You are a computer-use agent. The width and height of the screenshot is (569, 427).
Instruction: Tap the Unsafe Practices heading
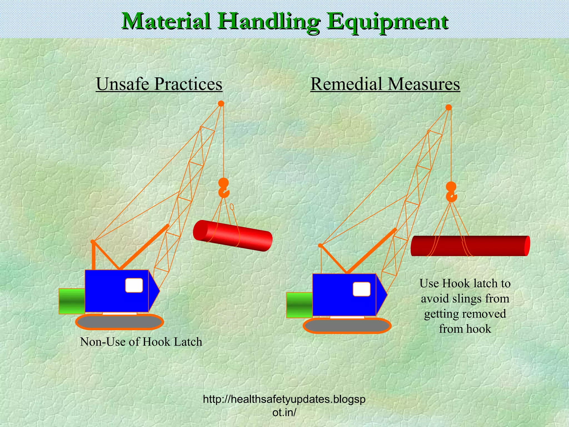(159, 84)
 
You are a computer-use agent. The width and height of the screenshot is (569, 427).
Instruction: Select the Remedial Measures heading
(385, 84)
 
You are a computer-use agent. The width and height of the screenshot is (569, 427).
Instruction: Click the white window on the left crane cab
(134, 285)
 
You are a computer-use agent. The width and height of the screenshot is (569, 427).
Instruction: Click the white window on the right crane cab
(361, 289)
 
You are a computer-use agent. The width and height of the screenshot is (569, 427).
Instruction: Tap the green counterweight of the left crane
(72, 301)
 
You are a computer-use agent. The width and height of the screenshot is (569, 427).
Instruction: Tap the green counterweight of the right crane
(299, 305)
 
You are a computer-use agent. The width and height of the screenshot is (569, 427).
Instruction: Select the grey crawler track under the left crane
(119, 322)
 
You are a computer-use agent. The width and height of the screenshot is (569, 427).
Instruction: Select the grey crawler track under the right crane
(347, 326)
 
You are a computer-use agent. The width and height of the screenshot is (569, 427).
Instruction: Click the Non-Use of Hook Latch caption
(141, 342)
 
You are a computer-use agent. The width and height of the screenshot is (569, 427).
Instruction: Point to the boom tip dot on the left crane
(221, 104)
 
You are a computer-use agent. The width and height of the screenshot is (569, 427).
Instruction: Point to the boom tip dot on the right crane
(448, 108)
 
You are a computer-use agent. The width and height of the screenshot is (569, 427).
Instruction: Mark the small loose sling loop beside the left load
(232, 207)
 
